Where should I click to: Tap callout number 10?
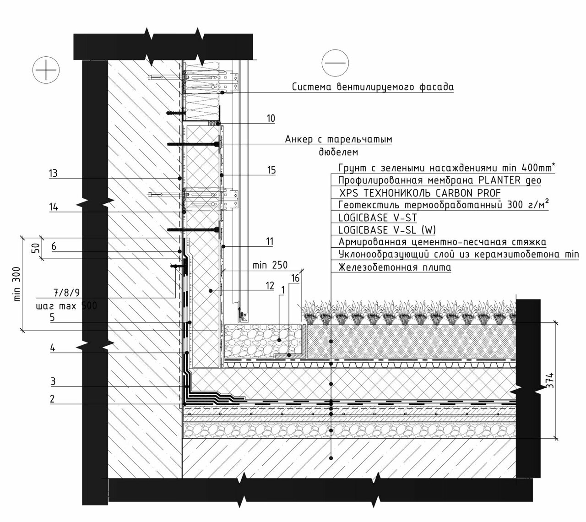[271, 119]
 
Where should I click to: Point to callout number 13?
[53, 173]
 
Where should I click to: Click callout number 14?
[53, 207]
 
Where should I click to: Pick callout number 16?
[295, 278]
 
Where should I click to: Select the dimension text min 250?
[270, 265]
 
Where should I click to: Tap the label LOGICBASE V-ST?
[377, 217]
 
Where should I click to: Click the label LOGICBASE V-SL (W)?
[387, 230]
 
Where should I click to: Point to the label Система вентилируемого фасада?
[373, 87]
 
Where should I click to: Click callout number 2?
[53, 399]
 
